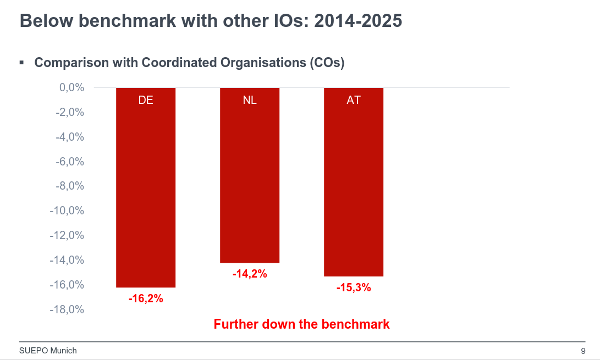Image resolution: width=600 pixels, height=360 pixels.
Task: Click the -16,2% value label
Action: (x=146, y=299)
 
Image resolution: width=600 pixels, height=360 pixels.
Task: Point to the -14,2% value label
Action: (x=250, y=274)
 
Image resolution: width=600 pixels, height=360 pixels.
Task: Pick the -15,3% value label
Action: (x=354, y=287)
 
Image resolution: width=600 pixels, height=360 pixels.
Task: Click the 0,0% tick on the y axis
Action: (x=71, y=87)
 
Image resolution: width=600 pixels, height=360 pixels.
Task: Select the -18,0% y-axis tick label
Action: (x=67, y=309)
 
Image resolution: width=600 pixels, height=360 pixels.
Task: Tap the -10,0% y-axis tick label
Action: (x=67, y=211)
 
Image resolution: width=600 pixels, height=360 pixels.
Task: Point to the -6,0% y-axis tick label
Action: (x=69, y=162)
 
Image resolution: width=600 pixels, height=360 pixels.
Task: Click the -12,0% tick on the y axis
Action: (x=67, y=235)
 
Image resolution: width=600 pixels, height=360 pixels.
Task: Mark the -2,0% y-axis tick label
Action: (x=69, y=112)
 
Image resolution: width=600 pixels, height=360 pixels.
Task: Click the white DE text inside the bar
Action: (x=146, y=101)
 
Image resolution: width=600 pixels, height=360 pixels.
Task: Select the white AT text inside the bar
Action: (x=354, y=101)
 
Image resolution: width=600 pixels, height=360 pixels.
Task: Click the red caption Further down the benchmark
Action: (x=301, y=324)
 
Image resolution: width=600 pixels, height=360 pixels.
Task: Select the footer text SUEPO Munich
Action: (x=48, y=351)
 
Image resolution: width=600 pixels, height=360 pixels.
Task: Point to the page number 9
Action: (x=582, y=351)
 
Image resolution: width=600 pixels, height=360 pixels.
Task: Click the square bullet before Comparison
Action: (x=21, y=62)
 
